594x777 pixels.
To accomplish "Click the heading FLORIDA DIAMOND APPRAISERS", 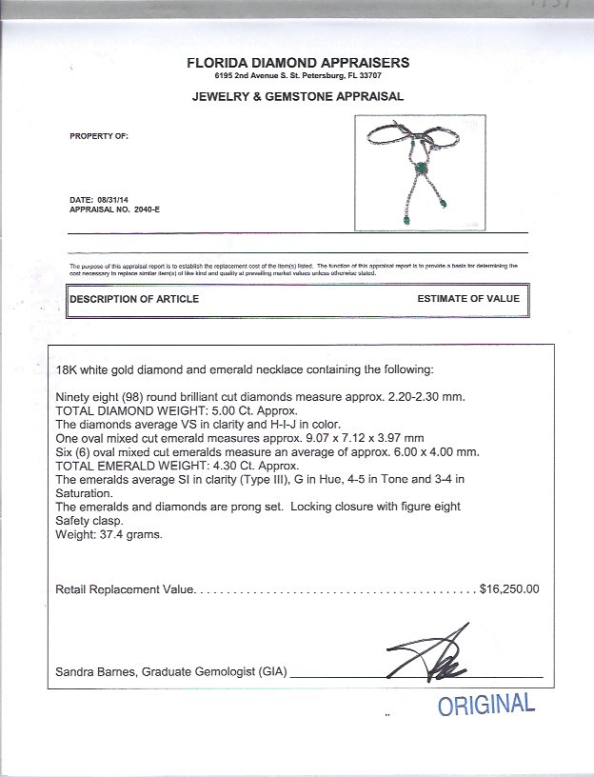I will [x=299, y=62].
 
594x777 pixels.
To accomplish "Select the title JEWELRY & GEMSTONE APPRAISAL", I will [x=299, y=96].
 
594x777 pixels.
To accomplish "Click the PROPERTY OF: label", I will [x=99, y=136].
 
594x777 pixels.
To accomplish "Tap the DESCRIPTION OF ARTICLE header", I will [x=134, y=299].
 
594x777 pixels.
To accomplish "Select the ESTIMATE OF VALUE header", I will [x=468, y=299].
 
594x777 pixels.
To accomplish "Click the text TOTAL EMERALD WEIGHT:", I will [x=121, y=466].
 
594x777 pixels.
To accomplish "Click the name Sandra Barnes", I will [x=94, y=672].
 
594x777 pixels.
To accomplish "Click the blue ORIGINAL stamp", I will [x=485, y=706].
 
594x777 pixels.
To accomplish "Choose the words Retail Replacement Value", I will [x=124, y=589].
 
